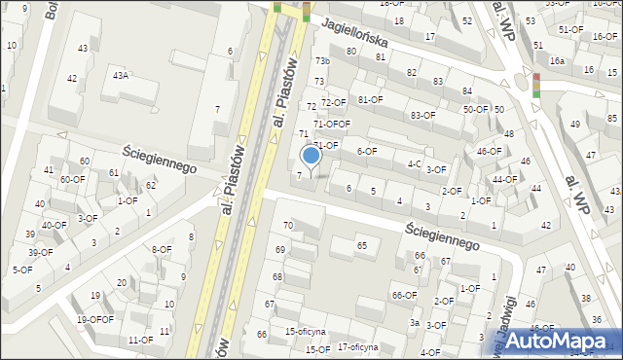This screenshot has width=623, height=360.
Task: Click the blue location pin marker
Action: pos(311,156)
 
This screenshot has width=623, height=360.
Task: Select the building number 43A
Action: pos(121,75)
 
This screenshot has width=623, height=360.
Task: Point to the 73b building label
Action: pos(322,62)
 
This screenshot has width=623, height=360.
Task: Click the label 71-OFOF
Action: pos(331,124)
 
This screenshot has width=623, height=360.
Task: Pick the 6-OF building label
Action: pos(367,151)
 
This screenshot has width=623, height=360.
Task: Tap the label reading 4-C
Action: pos(414,163)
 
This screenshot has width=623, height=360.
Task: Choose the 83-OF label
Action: pos(422,115)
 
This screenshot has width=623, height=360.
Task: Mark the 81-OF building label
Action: pos(371,99)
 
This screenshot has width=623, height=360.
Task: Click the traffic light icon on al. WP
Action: pos(535,85)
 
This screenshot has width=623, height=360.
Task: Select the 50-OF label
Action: pos(475,109)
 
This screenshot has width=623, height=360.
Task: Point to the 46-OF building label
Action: pos(489,151)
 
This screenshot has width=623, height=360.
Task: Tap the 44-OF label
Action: pos(505,179)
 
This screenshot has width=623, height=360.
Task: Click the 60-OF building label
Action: pos(72,179)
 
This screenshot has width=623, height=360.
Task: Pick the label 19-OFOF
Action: pos(95,319)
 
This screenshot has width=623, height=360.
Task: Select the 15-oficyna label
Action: pos(305,332)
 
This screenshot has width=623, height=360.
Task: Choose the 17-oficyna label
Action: pos(357,346)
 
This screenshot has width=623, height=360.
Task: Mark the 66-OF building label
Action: pos(404,295)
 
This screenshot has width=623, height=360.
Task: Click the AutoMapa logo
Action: pos(559,340)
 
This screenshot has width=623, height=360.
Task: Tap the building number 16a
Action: pos(557,60)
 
